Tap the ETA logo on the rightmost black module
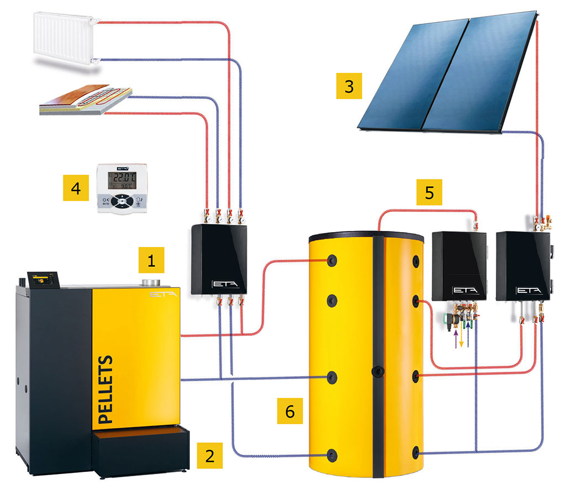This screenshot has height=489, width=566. (525, 290)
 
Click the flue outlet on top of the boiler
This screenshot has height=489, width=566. (148, 282)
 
